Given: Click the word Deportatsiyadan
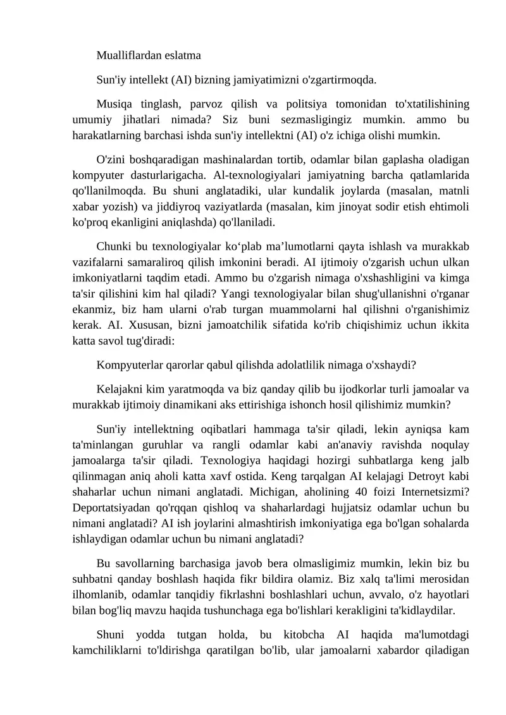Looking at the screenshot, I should pos(106,508).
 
